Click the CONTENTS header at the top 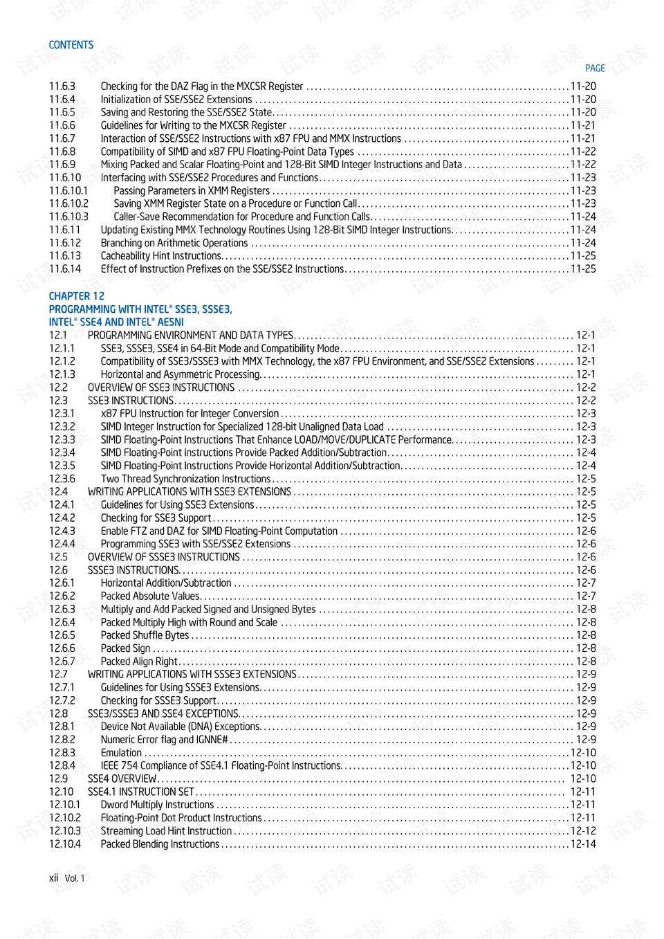point(71,45)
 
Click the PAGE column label point(594,69)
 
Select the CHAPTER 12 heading point(76,296)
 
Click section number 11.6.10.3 point(68,217)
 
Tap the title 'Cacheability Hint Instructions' point(160,256)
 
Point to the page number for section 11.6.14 point(583,269)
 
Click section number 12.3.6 point(62,479)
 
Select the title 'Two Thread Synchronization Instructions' point(185,479)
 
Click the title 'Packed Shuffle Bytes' point(145,635)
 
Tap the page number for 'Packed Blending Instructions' point(583,844)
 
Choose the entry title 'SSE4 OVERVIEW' point(122,779)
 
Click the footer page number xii point(53,878)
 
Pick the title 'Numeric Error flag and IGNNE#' point(164,740)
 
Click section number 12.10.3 point(65,831)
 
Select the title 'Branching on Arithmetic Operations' point(174,243)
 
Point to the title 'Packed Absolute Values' point(150,596)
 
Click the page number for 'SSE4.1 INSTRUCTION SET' point(583,792)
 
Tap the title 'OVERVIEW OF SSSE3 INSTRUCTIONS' point(164,557)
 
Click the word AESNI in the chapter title point(170,322)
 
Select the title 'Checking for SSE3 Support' point(156,518)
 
